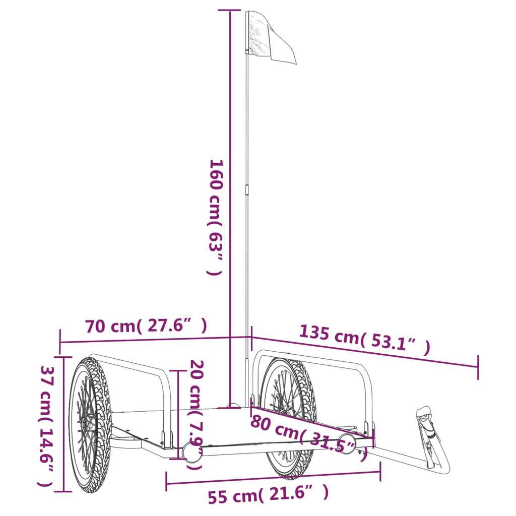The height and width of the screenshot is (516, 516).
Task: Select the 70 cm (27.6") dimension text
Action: click(146, 327)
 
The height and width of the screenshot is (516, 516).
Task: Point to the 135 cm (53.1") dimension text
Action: click(365, 340)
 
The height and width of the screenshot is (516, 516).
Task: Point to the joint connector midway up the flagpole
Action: click(247, 189)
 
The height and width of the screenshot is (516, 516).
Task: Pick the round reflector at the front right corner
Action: click(347, 441)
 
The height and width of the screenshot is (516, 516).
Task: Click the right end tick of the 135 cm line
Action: click(478, 366)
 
